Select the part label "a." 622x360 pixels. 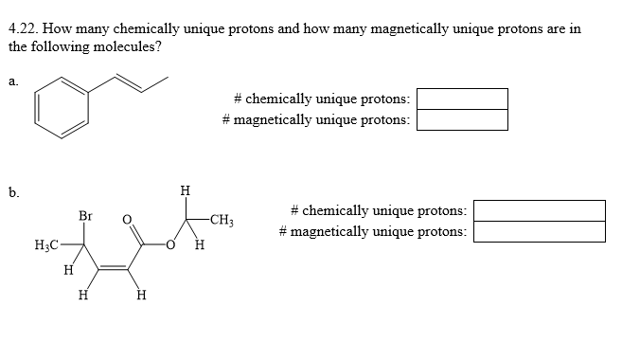[x=12, y=82]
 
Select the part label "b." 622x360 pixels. [x=12, y=193]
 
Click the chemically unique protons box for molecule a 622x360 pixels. [x=462, y=99]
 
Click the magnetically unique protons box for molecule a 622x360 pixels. [x=462, y=119]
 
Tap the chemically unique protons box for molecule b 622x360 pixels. [x=539, y=210]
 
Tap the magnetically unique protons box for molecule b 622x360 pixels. [x=539, y=231]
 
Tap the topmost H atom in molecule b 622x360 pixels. [x=184, y=192]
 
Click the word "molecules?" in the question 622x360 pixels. [x=121, y=45]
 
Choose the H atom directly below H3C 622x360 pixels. [x=67, y=271]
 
